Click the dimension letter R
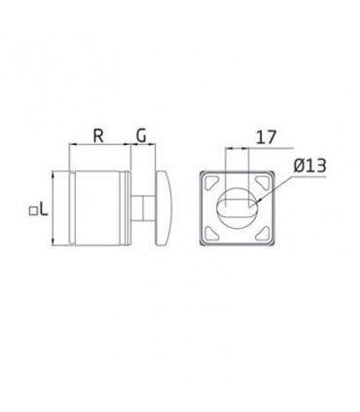[98, 135]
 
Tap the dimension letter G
[141, 135]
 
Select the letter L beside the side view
[44, 209]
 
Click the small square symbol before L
[32, 211]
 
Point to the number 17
[266, 137]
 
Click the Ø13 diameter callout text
[309, 166]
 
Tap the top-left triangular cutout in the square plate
[210, 182]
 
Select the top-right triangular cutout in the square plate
[264, 182]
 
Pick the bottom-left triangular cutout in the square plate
[210, 233]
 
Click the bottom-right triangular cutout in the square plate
[264, 233]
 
